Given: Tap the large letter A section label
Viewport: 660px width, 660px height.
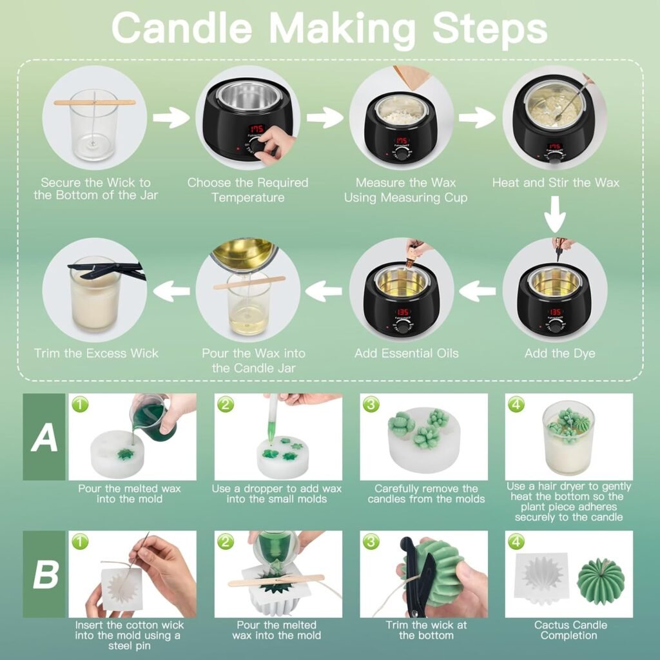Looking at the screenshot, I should [44, 438].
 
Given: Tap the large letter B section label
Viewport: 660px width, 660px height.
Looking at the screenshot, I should [45, 574].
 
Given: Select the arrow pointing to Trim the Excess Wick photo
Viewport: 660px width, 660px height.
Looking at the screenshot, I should [171, 291].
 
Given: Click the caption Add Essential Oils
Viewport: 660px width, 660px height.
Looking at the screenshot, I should [407, 353].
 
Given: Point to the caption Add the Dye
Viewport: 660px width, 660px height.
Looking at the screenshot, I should [559, 353].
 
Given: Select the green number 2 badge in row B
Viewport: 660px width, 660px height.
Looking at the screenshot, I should [225, 542].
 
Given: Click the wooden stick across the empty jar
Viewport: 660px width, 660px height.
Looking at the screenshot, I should [95, 102].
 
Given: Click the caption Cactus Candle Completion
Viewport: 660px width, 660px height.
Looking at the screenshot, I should [570, 630].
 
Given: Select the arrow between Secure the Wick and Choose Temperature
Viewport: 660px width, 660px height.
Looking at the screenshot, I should [171, 118].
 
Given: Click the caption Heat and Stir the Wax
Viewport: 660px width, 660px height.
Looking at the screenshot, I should [556, 182].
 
